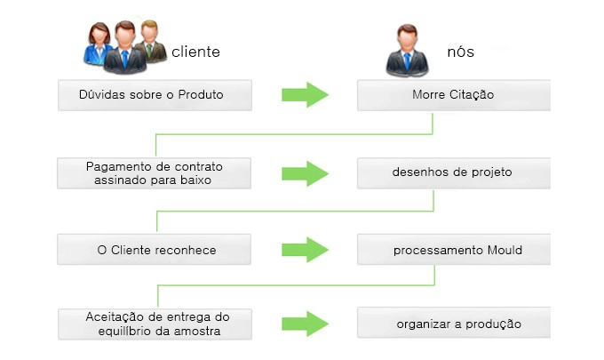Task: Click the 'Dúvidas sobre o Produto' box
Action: [155, 95]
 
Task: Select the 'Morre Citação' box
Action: [454, 95]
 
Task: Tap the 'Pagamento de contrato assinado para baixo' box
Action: [154, 173]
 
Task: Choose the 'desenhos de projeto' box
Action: [454, 173]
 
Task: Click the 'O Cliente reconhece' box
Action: [154, 250]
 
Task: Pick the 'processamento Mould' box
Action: [454, 250]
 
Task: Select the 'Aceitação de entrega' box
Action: [155, 324]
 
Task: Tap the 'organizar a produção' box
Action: [454, 323]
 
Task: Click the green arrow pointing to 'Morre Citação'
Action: [305, 95]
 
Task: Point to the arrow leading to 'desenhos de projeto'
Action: [305, 174]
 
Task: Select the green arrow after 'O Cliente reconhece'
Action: [305, 250]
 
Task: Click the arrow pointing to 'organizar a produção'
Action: [305, 324]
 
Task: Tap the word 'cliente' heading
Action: [195, 52]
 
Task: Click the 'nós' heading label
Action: [460, 52]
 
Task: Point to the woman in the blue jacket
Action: [98, 44]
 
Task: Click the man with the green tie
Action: [151, 41]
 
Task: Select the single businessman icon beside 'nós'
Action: [407, 50]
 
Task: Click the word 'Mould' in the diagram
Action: [505, 250]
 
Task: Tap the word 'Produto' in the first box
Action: [201, 94]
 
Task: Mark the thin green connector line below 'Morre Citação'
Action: [294, 134]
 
